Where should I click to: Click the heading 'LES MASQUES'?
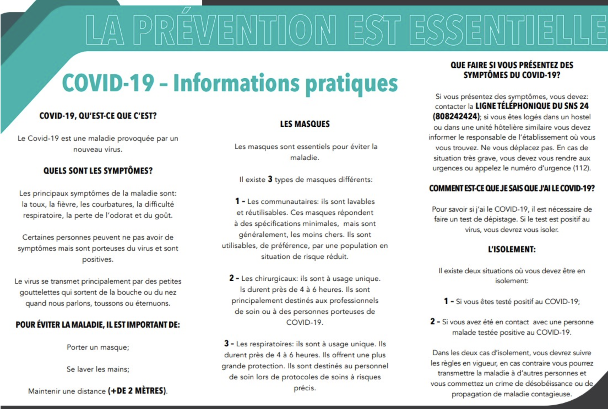tap(305, 124)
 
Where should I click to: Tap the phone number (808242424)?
tap(456, 117)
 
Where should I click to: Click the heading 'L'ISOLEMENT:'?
tap(512, 250)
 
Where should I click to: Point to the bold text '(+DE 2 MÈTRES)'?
tap(137, 391)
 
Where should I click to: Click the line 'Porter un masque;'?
tap(98, 347)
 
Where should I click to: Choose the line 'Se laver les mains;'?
tap(98, 369)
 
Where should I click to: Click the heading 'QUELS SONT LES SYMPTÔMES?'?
tap(98, 171)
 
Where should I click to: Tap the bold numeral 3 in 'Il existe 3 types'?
tap(270, 179)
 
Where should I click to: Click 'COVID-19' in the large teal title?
tap(108, 83)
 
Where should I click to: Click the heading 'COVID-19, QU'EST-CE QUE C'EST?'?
tap(98, 116)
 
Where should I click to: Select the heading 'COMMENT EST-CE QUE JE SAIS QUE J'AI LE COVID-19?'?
tap(512, 189)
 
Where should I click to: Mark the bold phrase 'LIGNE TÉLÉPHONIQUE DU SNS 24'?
tap(532, 106)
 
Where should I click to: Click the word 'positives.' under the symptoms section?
tap(98, 259)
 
